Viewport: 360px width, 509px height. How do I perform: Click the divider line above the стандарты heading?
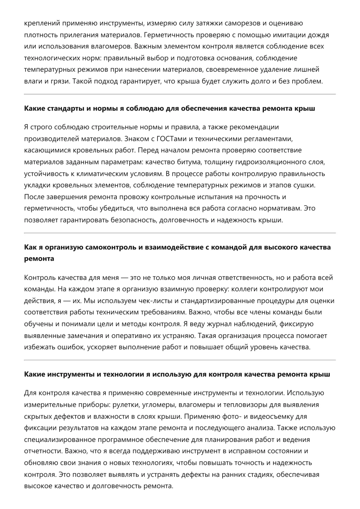click(x=180, y=94)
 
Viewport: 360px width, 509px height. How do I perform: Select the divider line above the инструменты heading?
click(x=180, y=360)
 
